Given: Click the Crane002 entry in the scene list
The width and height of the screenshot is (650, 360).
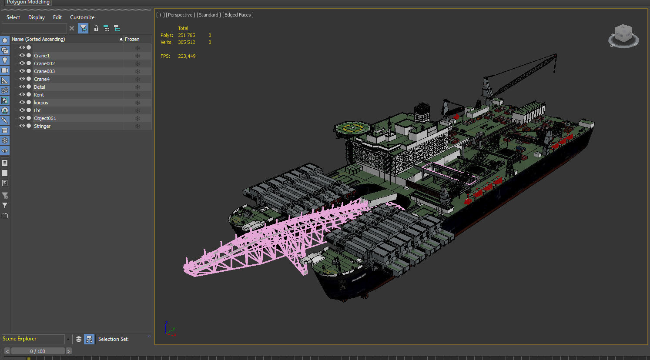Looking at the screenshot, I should click(44, 63).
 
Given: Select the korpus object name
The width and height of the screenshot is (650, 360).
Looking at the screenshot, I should click(41, 103).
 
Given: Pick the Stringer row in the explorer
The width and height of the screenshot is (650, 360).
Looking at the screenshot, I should click(42, 126).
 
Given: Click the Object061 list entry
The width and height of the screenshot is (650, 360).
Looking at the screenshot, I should click(45, 118).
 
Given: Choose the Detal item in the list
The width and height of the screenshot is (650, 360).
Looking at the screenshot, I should click(40, 87).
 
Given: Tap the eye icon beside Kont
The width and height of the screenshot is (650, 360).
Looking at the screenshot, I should click(22, 95).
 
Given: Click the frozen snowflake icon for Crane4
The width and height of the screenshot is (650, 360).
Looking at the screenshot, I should click(137, 79).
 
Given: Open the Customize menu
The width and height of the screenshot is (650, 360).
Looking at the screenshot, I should click(82, 17).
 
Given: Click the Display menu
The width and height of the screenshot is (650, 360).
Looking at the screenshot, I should click(37, 17).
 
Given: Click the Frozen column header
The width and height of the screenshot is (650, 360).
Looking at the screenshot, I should click(132, 39).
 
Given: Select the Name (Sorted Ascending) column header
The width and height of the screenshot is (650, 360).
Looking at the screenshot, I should click(38, 39).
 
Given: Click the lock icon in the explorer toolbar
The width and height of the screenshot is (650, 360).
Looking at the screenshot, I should click(96, 29).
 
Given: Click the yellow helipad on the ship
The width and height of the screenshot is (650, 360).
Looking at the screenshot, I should click(351, 128).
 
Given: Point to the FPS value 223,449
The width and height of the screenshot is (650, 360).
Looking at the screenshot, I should click(187, 56).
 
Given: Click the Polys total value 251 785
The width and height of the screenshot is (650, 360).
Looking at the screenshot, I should click(187, 35).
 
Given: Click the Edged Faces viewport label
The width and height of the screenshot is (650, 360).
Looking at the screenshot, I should click(238, 15).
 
